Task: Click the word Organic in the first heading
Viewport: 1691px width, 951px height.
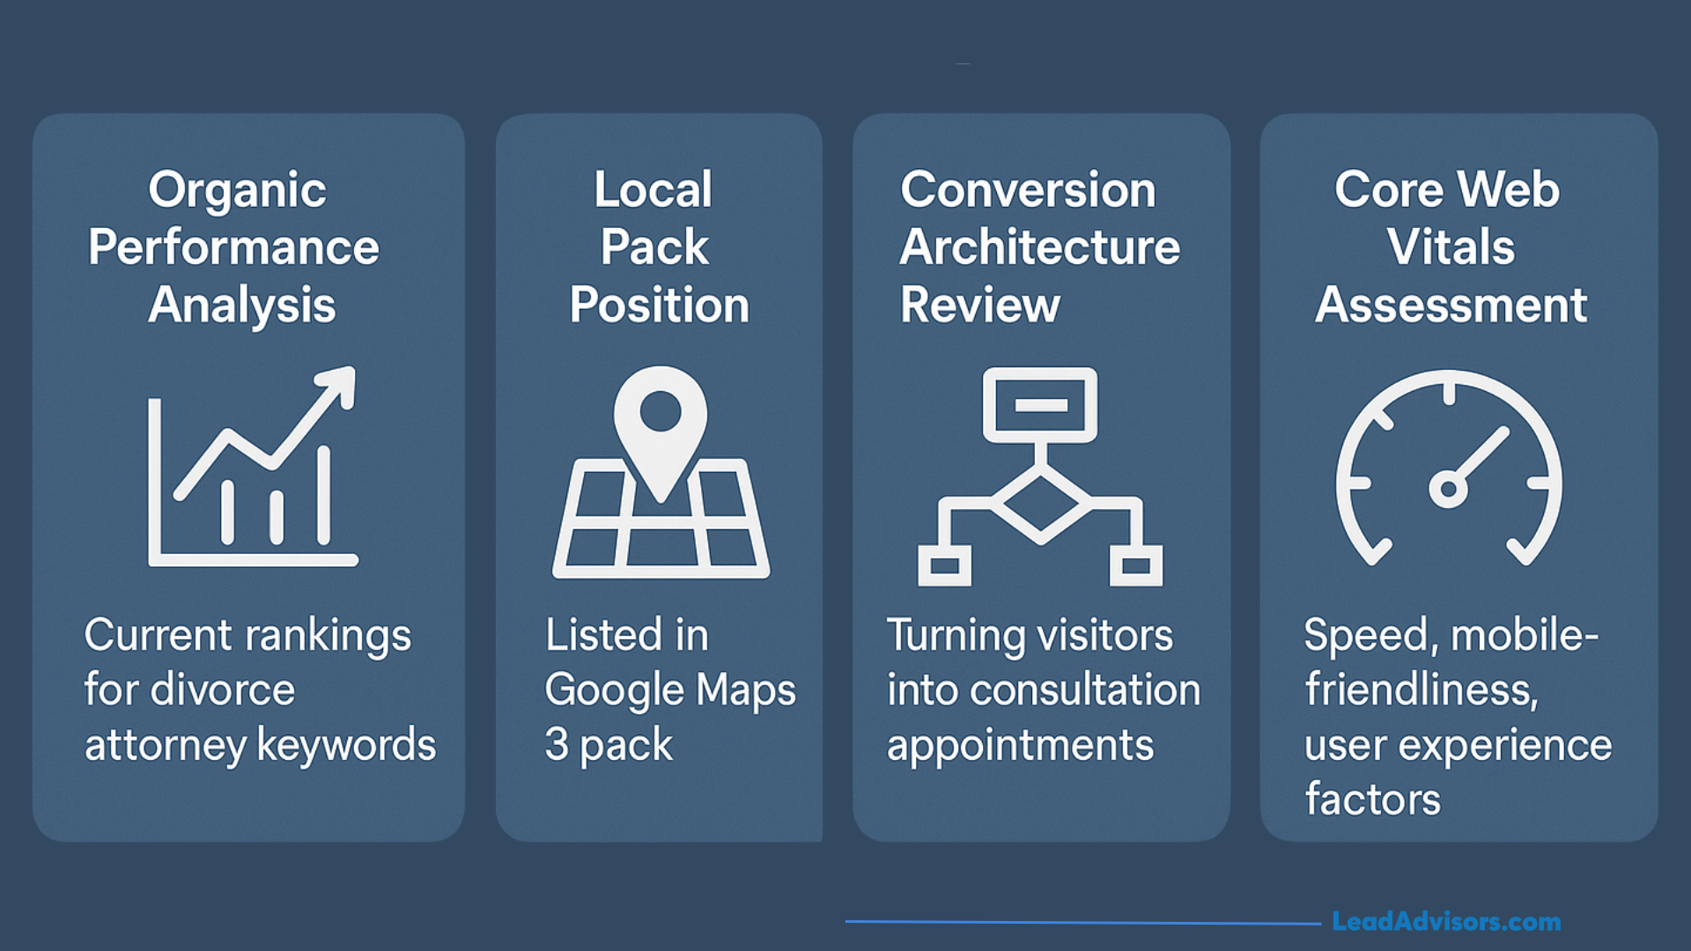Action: coord(237,191)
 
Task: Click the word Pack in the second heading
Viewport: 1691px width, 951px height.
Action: coord(654,247)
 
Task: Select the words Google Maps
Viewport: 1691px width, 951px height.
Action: coord(669,690)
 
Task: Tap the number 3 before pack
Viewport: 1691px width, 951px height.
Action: coord(557,745)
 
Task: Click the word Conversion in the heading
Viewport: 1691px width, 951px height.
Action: coord(1028,190)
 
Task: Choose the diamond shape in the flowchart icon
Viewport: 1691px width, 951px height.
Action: coord(1040,505)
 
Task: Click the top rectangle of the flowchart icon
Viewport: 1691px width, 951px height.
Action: coord(1040,405)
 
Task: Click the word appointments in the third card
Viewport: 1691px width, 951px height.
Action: coord(1020,747)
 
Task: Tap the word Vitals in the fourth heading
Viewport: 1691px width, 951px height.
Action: coord(1451,247)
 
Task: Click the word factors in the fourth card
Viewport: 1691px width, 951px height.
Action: coord(1372,800)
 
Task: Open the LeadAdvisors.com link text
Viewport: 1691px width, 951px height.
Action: coord(1445,922)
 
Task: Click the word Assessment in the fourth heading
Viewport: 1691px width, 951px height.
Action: coord(1451,306)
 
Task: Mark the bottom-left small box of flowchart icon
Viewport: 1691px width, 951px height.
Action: coord(944,565)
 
